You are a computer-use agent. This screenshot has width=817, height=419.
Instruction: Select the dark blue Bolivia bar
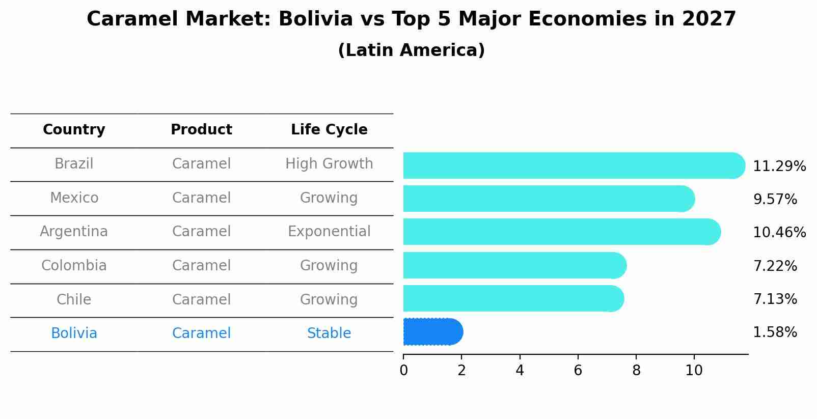click(x=432, y=332)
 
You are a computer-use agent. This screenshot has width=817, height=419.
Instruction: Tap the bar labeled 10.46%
click(x=560, y=232)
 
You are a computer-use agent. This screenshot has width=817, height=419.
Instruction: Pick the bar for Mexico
click(x=548, y=199)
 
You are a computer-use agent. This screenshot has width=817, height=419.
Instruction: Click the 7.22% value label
click(x=775, y=266)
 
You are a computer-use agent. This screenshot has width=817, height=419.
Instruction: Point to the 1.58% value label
click(x=775, y=332)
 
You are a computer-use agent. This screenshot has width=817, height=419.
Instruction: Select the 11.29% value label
click(x=779, y=166)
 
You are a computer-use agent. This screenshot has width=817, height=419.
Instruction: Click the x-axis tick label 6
click(x=578, y=371)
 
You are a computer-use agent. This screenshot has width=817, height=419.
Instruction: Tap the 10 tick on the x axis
click(x=694, y=371)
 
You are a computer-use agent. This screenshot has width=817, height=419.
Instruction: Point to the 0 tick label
click(x=403, y=371)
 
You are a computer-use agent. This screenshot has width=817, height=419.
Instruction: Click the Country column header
click(x=74, y=130)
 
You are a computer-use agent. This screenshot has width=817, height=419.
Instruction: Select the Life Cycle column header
click(x=329, y=130)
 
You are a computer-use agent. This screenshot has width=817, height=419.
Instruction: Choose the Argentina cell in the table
click(x=74, y=232)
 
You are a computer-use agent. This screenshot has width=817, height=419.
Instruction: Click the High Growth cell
click(x=329, y=164)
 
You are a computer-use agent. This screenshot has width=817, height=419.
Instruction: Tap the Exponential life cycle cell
click(x=329, y=232)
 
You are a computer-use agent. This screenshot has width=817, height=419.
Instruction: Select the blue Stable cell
click(x=329, y=333)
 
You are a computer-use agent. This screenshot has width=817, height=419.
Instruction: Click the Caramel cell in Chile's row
click(x=201, y=299)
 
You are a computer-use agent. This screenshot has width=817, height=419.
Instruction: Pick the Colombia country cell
click(x=74, y=266)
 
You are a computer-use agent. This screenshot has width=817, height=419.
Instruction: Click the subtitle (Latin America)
click(x=411, y=50)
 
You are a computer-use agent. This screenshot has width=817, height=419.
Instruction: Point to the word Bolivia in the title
click(x=315, y=19)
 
